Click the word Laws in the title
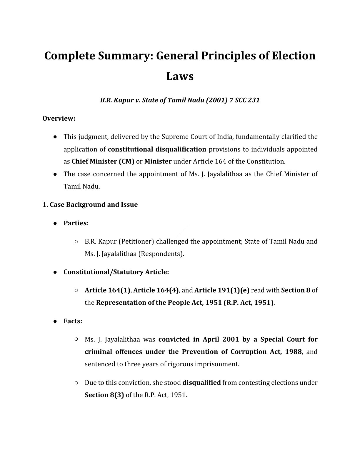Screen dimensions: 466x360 coord(180,76)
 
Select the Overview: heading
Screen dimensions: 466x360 coord(59,118)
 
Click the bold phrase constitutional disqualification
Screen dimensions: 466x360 coord(157,149)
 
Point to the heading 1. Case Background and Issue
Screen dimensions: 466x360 coord(90,204)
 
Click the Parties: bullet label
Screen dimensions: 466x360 coord(76,223)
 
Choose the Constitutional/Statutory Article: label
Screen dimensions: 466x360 coord(116,272)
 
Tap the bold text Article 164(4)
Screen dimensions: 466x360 coord(156,290)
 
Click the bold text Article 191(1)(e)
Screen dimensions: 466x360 coord(222,290)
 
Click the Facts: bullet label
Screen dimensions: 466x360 coord(73,321)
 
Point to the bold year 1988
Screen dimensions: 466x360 coord(293,352)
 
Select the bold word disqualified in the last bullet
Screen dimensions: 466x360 coord(201,383)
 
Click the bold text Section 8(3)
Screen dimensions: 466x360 coord(104,395)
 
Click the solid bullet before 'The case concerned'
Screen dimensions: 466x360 coord(55,174)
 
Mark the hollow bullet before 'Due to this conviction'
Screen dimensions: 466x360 coord(76,383)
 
